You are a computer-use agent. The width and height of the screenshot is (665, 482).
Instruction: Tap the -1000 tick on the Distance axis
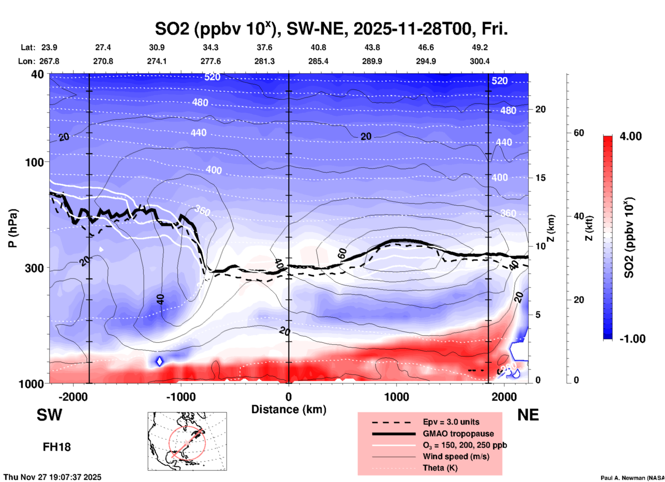[181, 397]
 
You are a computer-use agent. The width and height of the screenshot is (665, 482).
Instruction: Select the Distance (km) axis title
[289, 409]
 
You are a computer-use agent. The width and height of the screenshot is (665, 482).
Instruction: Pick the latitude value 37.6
[264, 47]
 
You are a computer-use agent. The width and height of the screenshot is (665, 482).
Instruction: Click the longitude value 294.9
[426, 61]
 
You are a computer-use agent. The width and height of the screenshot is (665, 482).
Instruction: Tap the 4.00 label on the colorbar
[630, 136]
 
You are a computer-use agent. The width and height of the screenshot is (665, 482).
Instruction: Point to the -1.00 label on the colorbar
[632, 339]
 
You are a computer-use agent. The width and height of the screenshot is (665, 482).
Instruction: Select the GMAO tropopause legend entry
[458, 434]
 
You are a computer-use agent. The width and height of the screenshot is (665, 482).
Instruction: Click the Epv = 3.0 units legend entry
[451, 422]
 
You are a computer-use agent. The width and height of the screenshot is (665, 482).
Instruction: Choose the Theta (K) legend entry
[440, 468]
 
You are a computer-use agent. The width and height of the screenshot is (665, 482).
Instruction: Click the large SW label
[49, 415]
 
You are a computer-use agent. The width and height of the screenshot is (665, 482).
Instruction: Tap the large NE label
[528, 415]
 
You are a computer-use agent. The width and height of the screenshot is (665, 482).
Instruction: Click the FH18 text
[57, 447]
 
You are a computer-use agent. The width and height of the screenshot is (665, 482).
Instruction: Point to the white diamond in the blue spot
[160, 361]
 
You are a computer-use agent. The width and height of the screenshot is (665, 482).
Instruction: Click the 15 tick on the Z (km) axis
[540, 178]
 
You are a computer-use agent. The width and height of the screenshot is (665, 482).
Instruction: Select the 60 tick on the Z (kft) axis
[579, 133]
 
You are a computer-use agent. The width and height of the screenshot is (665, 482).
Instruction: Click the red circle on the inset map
[187, 443]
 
